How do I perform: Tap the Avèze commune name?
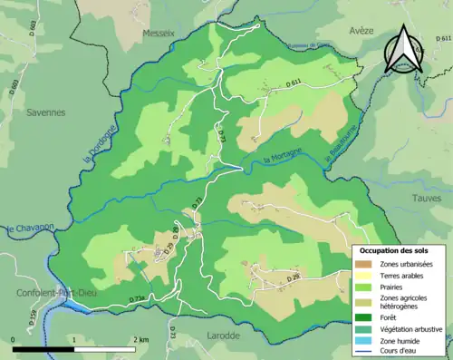pyautogui.click(x=358, y=30)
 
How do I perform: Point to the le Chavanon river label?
pyautogui.click(x=31, y=228)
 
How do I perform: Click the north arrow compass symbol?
pyautogui.click(x=401, y=50)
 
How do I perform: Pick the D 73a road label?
pyautogui.click(x=137, y=298)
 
